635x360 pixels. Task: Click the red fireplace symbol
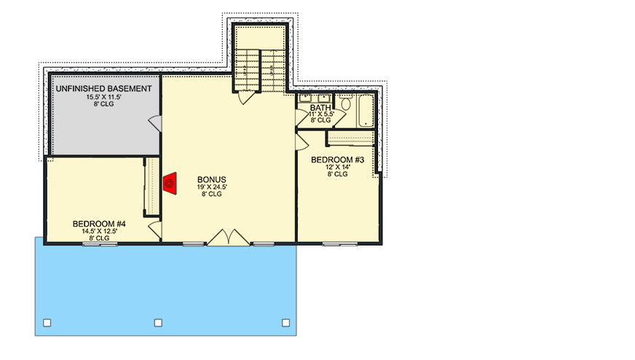coord(170,183)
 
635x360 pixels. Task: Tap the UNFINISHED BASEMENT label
coord(104,88)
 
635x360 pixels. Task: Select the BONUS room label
coord(212,179)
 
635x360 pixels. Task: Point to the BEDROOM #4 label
coord(99,224)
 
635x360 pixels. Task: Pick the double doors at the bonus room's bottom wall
coord(229,238)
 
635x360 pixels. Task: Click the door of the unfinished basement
coord(155,122)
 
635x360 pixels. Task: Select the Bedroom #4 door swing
coord(154,230)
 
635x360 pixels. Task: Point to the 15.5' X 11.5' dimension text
coord(104,97)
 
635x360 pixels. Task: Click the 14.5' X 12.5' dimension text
coord(99,231)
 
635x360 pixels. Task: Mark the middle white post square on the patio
coord(158,322)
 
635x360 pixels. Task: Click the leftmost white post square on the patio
coord(47,322)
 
